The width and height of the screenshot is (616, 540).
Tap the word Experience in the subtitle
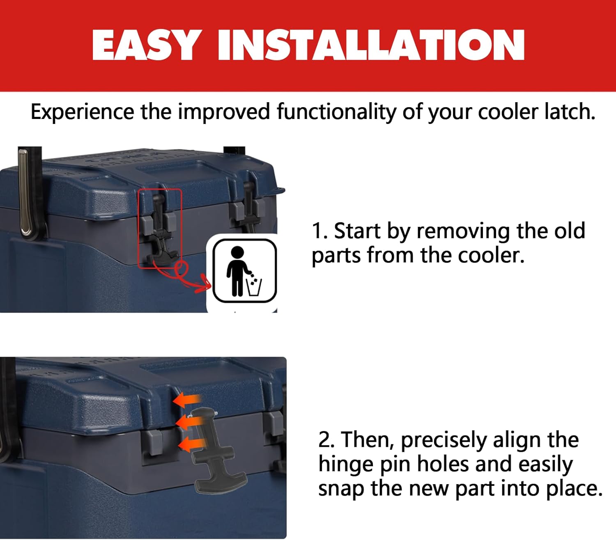(82, 112)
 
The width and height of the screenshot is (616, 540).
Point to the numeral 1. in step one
(319, 231)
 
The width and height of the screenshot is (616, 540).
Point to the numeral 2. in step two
(327, 439)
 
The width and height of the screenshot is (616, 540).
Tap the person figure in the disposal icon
(237, 271)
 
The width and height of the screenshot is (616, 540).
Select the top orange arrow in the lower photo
(187, 400)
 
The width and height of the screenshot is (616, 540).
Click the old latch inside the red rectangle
(160, 230)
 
